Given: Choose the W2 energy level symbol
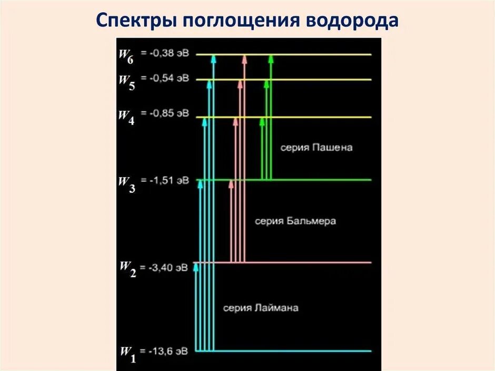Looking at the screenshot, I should (x=127, y=269).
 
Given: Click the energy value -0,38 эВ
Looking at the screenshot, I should (x=169, y=54).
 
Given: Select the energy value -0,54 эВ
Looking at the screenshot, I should (x=169, y=79).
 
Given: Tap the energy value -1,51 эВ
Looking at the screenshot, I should (x=169, y=181).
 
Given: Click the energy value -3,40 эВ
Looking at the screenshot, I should (x=169, y=268).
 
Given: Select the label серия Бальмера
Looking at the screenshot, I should (x=295, y=221).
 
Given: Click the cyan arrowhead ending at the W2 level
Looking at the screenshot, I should (x=196, y=267).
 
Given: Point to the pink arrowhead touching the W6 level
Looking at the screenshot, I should (x=244, y=59).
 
